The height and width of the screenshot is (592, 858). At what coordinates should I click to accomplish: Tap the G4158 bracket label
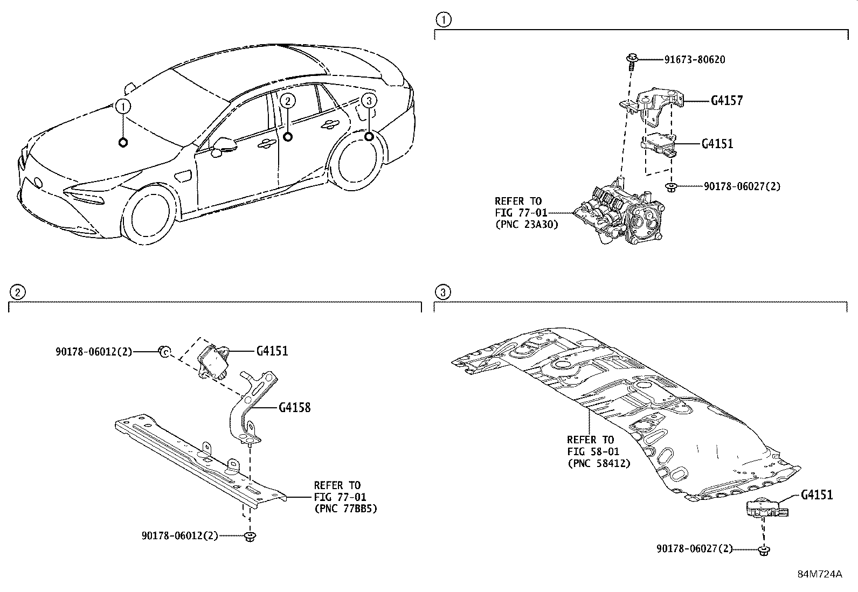point(294,408)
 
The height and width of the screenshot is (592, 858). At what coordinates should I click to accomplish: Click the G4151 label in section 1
point(717,144)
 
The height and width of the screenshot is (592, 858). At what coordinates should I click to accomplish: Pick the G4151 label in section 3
point(817,495)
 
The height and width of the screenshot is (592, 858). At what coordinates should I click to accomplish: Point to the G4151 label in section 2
point(272,351)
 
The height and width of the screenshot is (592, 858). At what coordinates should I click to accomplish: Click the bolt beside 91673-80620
point(632,60)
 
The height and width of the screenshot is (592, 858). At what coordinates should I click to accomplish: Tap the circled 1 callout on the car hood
point(123,106)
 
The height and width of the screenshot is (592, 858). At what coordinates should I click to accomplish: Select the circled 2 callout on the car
point(288,100)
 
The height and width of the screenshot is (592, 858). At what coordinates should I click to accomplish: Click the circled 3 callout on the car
point(369,101)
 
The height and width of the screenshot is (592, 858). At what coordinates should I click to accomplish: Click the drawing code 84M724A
point(820,574)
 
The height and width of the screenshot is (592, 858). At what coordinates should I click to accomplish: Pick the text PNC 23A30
point(527,225)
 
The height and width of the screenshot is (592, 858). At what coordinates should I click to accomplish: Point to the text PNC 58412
point(598,463)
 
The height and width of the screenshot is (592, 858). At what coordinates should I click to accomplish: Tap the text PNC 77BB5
point(345,508)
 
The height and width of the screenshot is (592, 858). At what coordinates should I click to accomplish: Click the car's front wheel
point(149,215)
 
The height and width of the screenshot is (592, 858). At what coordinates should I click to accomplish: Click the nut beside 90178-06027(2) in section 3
point(764,549)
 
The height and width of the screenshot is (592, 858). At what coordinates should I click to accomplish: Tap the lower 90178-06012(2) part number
point(179,536)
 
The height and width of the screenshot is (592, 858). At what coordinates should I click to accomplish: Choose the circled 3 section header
point(442,292)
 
